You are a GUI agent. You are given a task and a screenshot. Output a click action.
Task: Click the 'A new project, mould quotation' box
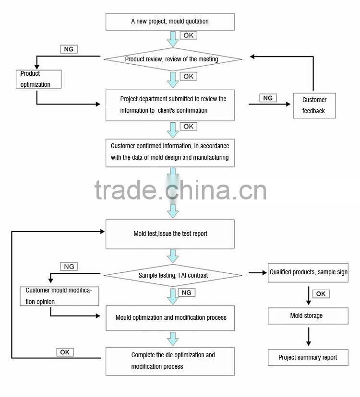pyautogui.click(x=170, y=22)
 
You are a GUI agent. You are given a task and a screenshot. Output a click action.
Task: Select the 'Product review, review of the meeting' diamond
pyautogui.click(x=172, y=59)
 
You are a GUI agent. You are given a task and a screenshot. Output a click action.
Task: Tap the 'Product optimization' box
pyautogui.click(x=38, y=79)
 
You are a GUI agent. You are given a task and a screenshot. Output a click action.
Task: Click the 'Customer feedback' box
pyautogui.click(x=314, y=105)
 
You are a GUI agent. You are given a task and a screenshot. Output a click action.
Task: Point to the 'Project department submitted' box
pyautogui.click(x=170, y=105)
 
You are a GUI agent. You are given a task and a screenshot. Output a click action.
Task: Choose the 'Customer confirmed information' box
pyautogui.click(x=170, y=152)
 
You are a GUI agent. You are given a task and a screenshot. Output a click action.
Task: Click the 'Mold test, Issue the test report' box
pyautogui.click(x=170, y=234)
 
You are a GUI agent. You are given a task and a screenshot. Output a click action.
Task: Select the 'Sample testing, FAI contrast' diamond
pyautogui.click(x=173, y=275)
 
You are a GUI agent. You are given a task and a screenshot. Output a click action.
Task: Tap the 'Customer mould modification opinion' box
pyautogui.click(x=59, y=296)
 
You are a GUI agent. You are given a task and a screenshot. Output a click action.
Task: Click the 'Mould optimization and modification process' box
pyautogui.click(x=170, y=317)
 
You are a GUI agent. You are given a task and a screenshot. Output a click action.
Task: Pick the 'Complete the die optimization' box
pyautogui.click(x=170, y=361)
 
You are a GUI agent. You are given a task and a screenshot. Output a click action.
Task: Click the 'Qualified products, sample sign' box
pyautogui.click(x=308, y=272)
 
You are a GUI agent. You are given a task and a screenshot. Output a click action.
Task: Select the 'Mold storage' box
pyautogui.click(x=307, y=316)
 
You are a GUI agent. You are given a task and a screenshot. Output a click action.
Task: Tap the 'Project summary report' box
pyautogui.click(x=308, y=358)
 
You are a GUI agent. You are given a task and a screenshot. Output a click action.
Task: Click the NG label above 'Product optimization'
pyautogui.click(x=69, y=49)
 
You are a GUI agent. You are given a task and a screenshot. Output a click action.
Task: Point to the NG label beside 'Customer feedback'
pyautogui.click(x=268, y=98)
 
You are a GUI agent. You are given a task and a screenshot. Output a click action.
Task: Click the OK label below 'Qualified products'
pyautogui.click(x=321, y=294)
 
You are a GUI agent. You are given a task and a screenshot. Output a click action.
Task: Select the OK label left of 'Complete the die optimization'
pyautogui.click(x=65, y=352)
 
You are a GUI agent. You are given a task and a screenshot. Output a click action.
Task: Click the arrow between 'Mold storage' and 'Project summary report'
pyautogui.click(x=308, y=336)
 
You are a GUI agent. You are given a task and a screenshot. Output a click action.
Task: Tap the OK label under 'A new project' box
pyautogui.click(x=188, y=35)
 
